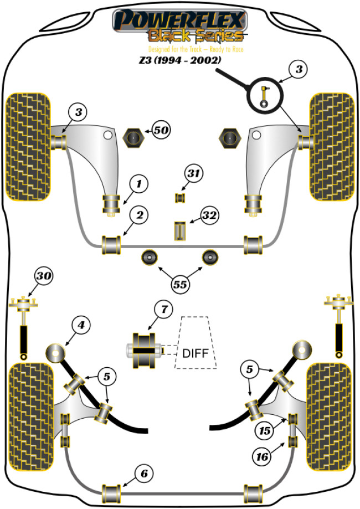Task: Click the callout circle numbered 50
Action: point(161,131)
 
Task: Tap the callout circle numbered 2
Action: point(139,214)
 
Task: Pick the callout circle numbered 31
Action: point(193,174)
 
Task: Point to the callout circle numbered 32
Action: point(210,215)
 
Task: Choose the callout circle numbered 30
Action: point(44,275)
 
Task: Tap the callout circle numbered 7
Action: point(163,311)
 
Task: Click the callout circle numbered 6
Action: point(143,474)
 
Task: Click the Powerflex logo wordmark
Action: point(178,20)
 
